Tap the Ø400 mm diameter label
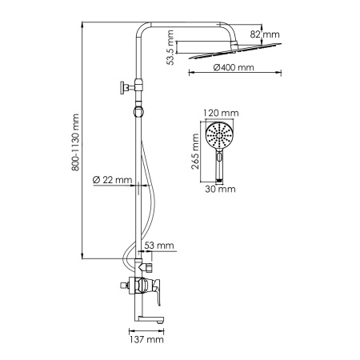click(234, 68)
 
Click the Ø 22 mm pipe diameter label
click(112, 179)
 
